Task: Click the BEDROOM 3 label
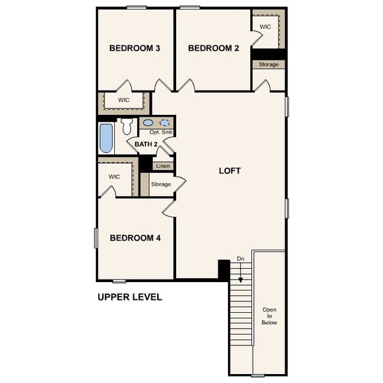click(x=134, y=48)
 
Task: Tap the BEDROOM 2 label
click(x=213, y=48)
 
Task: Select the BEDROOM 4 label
click(x=135, y=238)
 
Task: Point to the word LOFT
click(x=230, y=170)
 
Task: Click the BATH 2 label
click(x=146, y=145)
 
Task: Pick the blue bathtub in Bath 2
click(x=106, y=138)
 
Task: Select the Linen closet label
click(x=163, y=166)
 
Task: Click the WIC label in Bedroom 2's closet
click(x=266, y=27)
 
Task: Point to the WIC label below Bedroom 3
click(x=124, y=100)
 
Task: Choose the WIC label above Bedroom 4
click(x=114, y=177)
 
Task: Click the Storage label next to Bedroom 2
click(x=268, y=64)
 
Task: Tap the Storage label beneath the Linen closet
click(x=161, y=184)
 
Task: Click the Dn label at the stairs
click(x=241, y=259)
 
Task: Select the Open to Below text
click(x=269, y=317)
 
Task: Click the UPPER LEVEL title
click(x=130, y=297)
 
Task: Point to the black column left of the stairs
click(x=224, y=269)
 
